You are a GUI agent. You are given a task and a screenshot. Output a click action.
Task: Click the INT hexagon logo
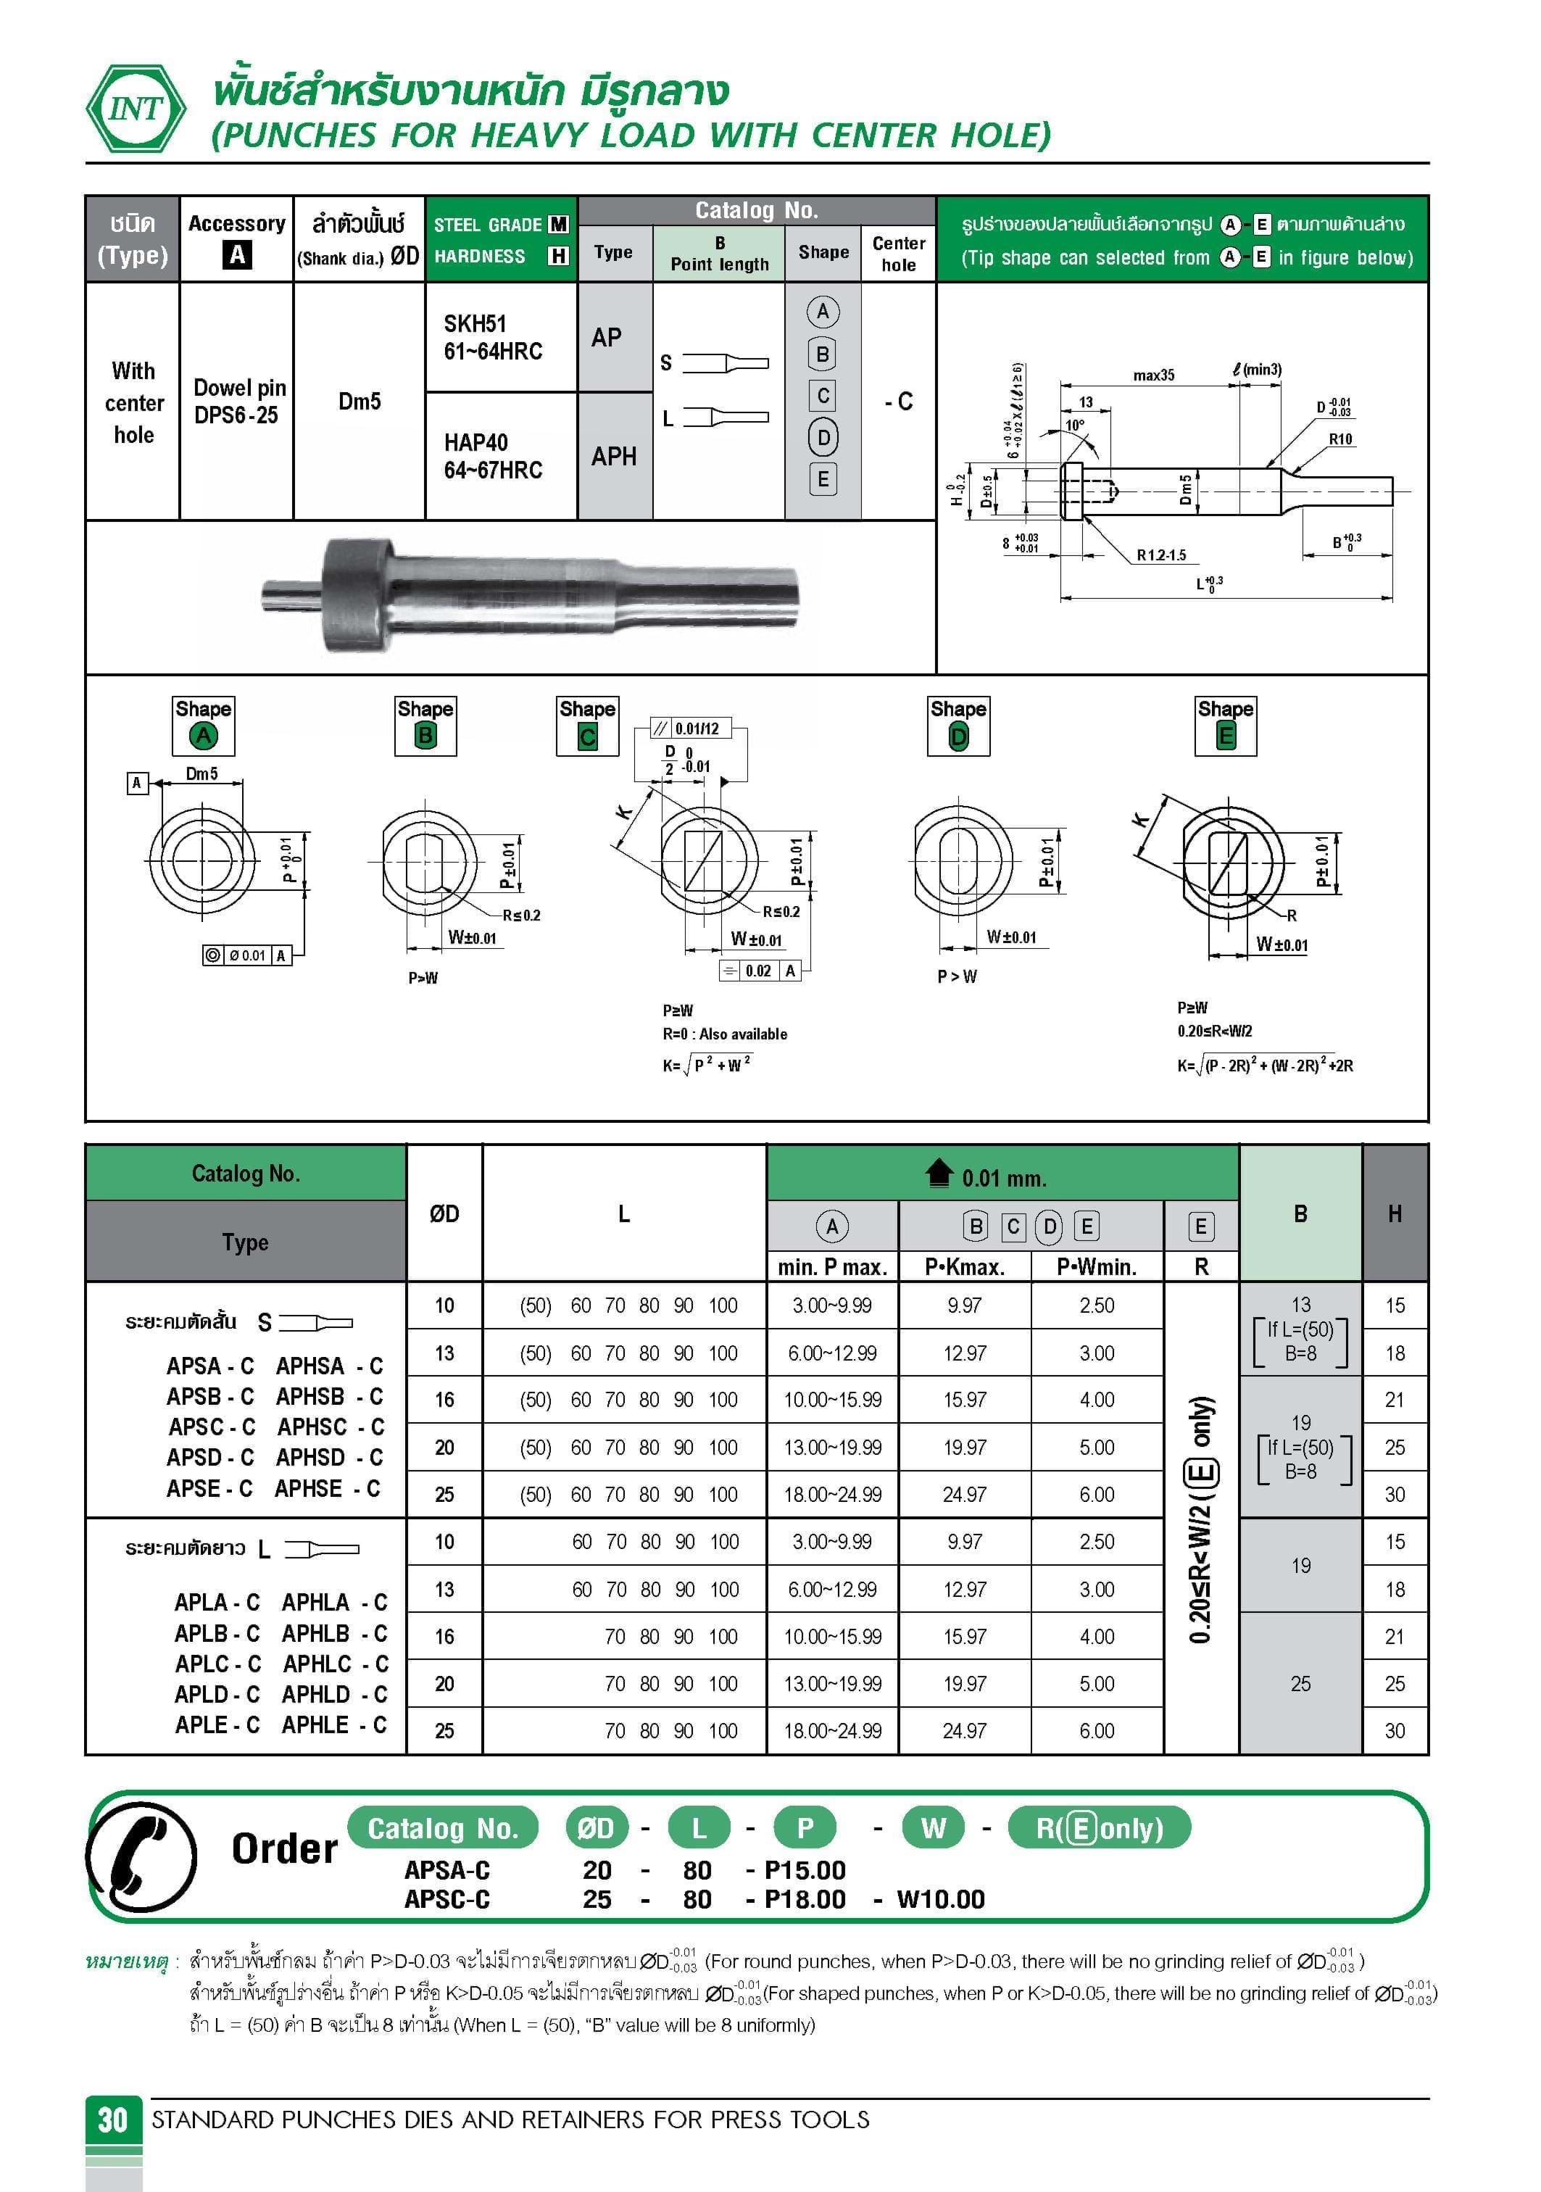point(136,109)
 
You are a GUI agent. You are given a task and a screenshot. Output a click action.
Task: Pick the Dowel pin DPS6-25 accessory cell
point(236,401)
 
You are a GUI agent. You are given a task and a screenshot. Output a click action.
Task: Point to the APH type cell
point(614,457)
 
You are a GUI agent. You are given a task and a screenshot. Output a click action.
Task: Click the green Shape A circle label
point(204,736)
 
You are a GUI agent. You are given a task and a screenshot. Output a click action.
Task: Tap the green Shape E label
point(1226,736)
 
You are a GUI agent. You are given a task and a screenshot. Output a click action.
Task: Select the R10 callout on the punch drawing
point(1340,439)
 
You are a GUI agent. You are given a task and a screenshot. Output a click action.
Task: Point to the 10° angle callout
point(1075,425)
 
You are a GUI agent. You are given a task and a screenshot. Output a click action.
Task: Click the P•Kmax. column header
point(964,1267)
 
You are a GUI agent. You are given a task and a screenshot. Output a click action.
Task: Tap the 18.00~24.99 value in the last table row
point(833,1730)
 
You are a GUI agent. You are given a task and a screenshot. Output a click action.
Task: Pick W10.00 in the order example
point(940,1899)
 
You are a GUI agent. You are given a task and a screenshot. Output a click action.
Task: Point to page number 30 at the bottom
point(112,2120)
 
